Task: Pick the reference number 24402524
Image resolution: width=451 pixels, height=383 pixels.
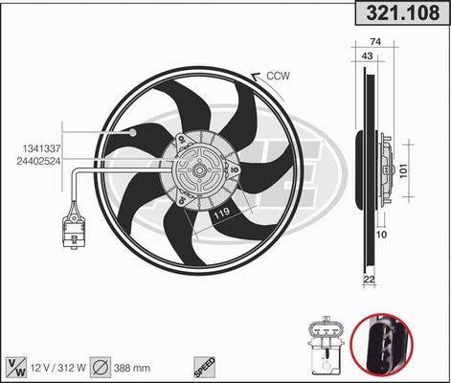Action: (38, 161)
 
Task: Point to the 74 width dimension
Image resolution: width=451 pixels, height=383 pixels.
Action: (374, 42)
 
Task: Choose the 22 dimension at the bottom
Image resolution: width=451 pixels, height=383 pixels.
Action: (370, 280)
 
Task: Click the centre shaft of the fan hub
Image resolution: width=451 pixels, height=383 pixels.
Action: (197, 172)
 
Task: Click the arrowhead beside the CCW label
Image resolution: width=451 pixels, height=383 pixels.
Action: (254, 77)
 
